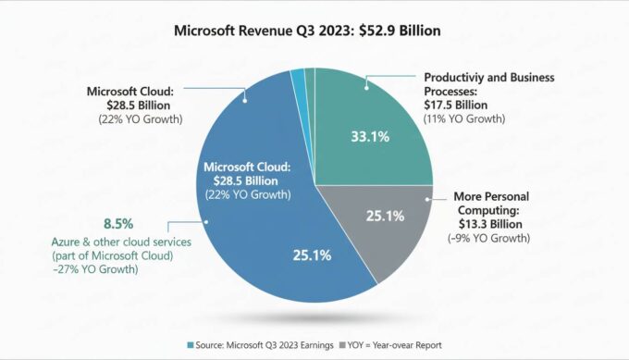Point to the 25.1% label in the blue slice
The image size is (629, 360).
click(312, 255)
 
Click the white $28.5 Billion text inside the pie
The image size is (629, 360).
click(248, 180)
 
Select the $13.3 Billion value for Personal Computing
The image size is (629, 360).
click(490, 224)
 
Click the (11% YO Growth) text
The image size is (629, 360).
click(463, 119)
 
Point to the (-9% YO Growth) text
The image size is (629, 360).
click(491, 238)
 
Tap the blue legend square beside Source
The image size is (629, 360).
click(191, 344)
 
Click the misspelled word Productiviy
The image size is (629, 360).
click(455, 78)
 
